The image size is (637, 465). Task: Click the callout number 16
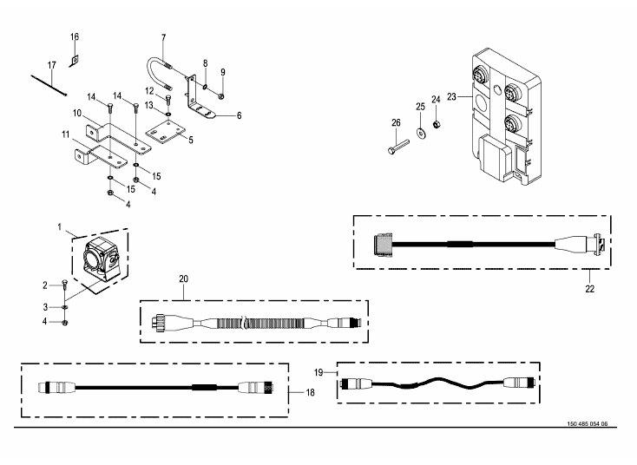75,37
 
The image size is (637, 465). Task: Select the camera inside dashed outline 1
102,259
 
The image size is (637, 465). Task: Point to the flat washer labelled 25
420,133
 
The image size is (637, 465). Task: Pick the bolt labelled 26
398,147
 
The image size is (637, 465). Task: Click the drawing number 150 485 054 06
587,424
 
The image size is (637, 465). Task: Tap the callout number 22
589,289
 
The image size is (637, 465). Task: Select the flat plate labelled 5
166,132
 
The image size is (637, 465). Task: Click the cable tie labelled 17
49,85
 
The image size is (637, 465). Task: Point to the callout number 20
184,279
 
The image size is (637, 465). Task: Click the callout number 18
310,392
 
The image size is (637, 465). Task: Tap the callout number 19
318,372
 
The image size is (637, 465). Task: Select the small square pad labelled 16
74,60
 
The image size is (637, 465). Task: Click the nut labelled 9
222,96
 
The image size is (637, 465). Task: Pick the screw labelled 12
168,99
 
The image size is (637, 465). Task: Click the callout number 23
451,96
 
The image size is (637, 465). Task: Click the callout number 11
66,134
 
